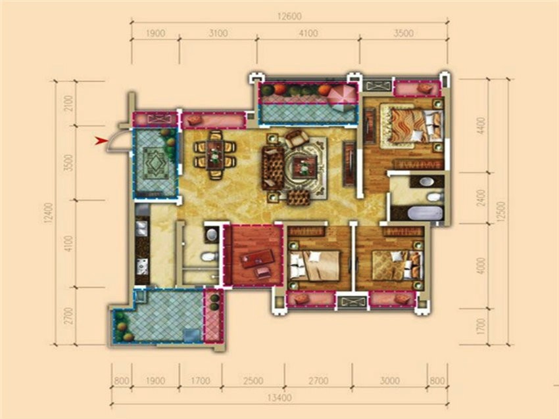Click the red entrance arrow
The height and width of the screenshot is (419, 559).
101,141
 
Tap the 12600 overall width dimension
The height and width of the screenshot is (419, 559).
289,16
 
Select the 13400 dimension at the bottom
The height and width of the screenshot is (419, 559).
279,397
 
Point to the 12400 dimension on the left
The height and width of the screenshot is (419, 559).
48,213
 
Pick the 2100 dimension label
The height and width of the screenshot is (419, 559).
69,103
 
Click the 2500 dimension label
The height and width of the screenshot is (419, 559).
253,381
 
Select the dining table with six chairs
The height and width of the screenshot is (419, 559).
215,154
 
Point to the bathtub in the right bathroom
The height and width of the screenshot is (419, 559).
425,213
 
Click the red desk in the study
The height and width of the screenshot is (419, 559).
257,258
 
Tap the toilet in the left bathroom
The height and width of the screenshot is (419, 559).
209,257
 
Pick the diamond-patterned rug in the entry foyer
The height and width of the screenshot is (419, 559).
155,164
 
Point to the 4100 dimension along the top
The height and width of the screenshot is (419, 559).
308,33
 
